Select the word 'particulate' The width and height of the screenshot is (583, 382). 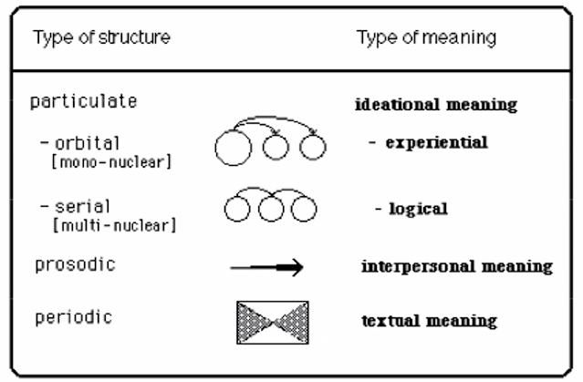pyautogui.click(x=85, y=101)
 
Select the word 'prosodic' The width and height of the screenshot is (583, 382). pyautogui.click(x=73, y=263)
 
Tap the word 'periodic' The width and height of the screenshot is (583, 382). pyautogui.click(x=73, y=319)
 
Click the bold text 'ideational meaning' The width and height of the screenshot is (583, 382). pyautogui.click(x=435, y=105)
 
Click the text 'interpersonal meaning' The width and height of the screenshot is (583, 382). pyautogui.click(x=457, y=267)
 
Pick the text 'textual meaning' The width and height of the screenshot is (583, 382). pyautogui.click(x=428, y=321)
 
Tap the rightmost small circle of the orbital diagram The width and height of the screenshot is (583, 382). pyautogui.click(x=312, y=149)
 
